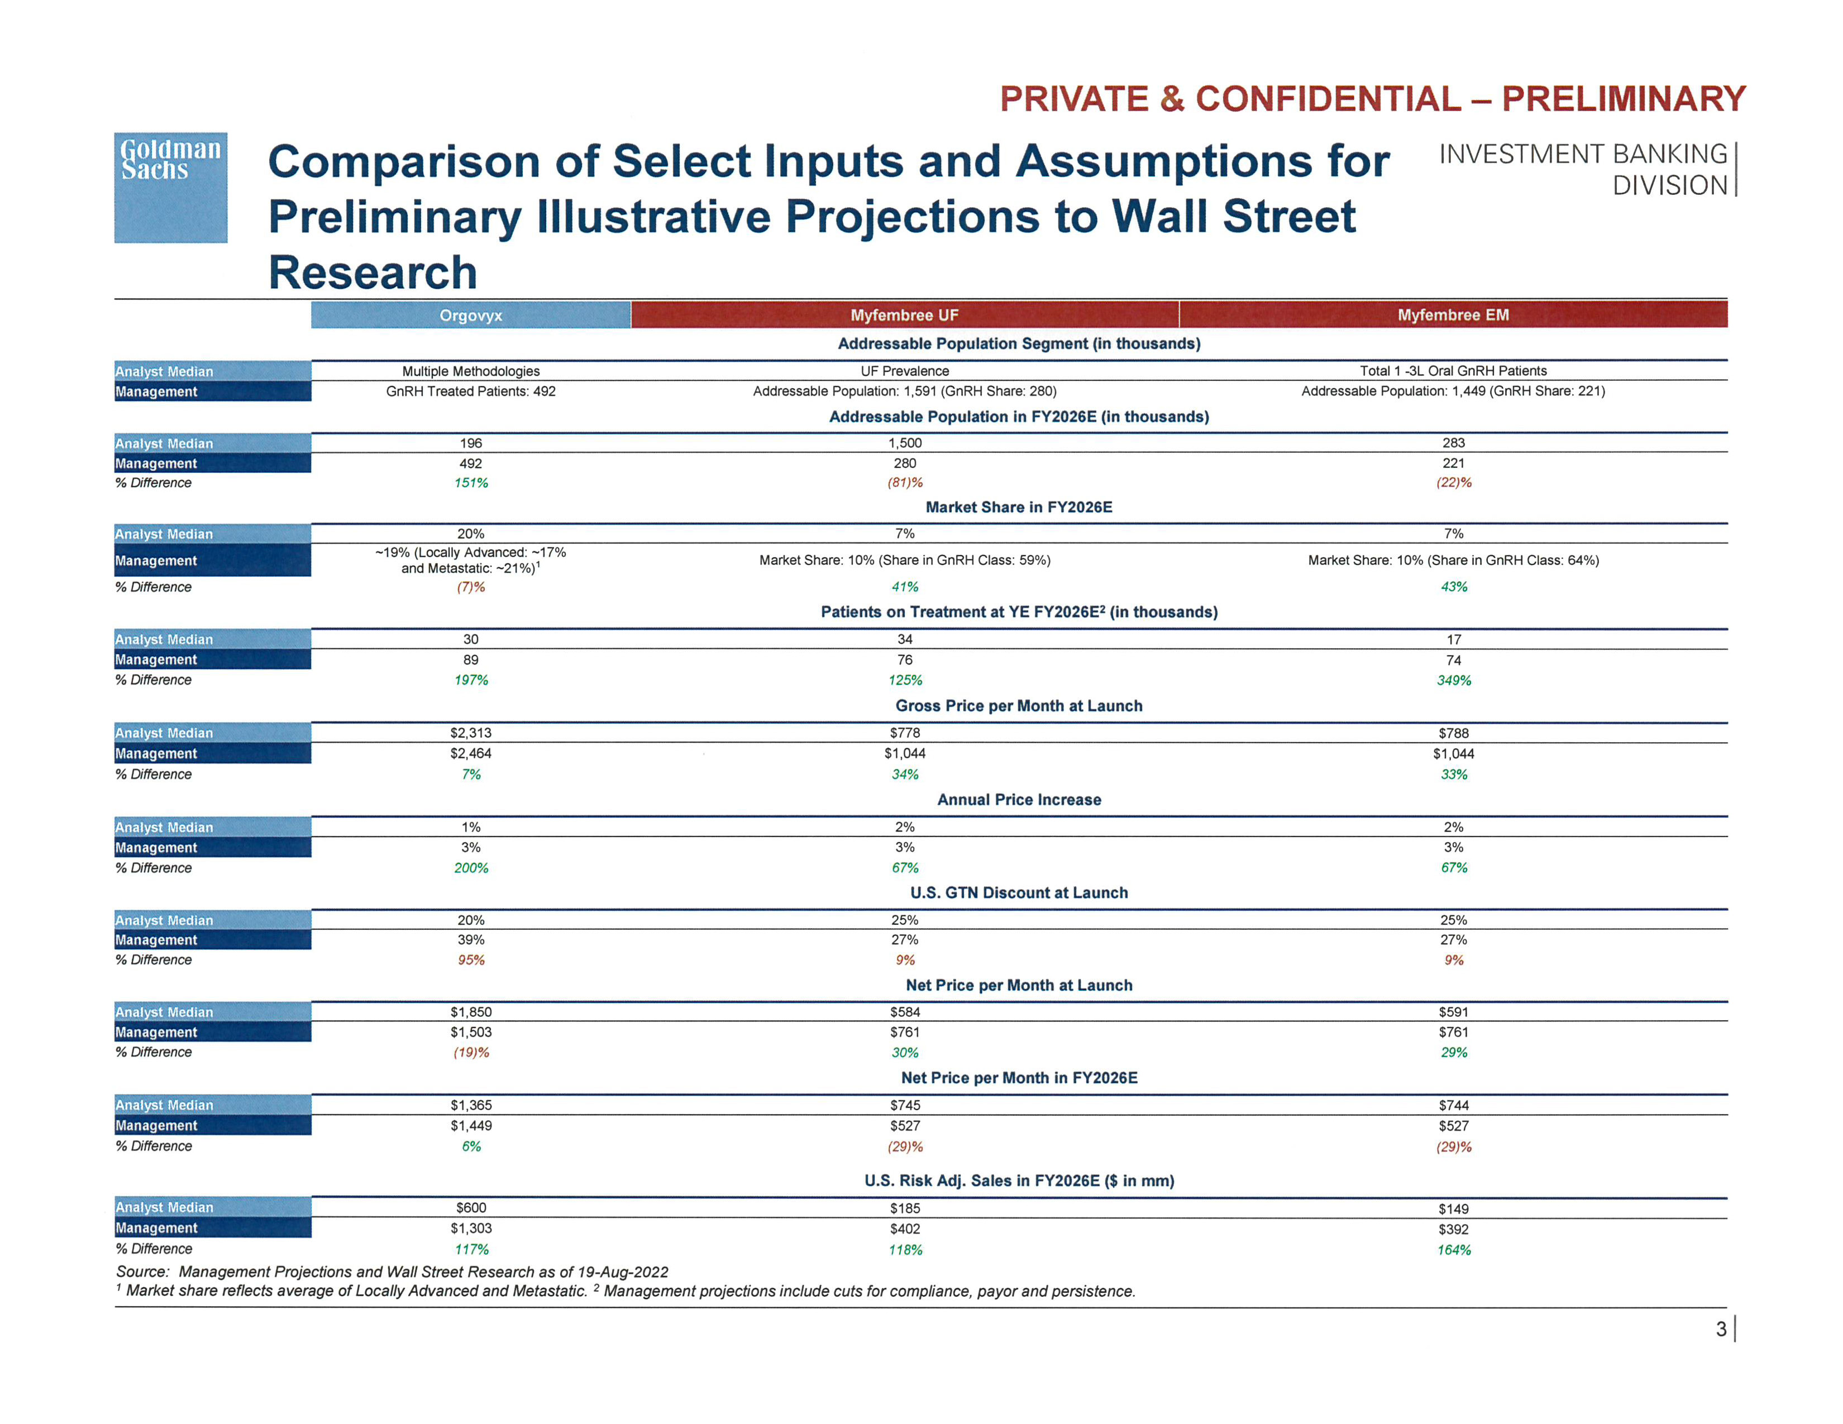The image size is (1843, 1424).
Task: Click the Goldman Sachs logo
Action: click(x=170, y=187)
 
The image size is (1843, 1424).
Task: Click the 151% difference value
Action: click(x=471, y=482)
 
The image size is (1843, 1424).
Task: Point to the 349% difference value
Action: click(x=1453, y=680)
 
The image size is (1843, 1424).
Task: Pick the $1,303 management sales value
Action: click(x=470, y=1229)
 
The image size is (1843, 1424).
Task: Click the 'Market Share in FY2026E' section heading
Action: click(x=1019, y=507)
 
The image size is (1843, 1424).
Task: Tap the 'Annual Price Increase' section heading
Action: click(x=1019, y=800)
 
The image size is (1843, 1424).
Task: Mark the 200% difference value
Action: click(x=471, y=868)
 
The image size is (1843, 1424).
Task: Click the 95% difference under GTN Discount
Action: click(x=471, y=960)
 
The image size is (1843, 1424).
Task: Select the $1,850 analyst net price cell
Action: click(x=470, y=1011)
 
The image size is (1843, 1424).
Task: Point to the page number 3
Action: click(x=1721, y=1330)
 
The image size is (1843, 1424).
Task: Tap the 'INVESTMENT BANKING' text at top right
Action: click(x=1583, y=154)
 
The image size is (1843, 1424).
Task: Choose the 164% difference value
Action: click(x=1453, y=1249)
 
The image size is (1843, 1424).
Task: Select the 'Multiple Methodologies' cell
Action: click(x=470, y=371)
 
